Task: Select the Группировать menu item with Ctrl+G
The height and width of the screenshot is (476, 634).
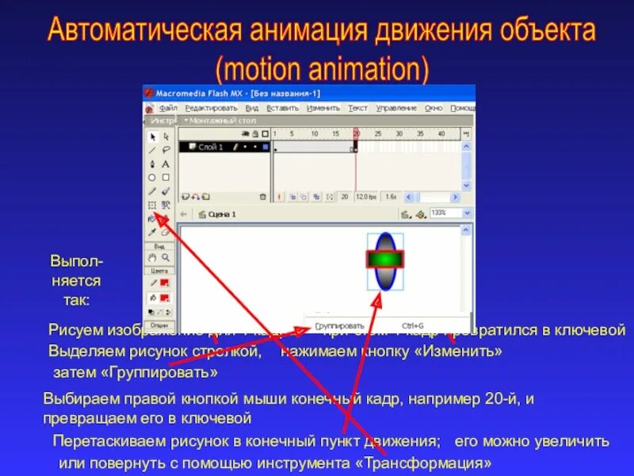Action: point(341,325)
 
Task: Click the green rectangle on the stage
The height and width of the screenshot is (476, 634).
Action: point(384,259)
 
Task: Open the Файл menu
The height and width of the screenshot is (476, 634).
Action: point(167,108)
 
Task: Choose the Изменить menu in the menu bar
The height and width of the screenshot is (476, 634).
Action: point(323,108)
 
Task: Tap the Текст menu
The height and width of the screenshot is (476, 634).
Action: point(357,108)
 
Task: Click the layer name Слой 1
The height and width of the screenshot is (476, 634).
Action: point(210,147)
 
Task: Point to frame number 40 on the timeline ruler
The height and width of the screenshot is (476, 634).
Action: point(441,133)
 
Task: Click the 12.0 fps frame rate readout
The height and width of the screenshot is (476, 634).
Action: point(365,196)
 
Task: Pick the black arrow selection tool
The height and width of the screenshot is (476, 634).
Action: point(152,136)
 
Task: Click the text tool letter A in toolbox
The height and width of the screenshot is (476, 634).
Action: point(166,163)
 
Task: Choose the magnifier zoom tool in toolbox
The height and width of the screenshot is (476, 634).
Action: point(166,257)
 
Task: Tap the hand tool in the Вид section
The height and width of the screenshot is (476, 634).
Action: point(152,257)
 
